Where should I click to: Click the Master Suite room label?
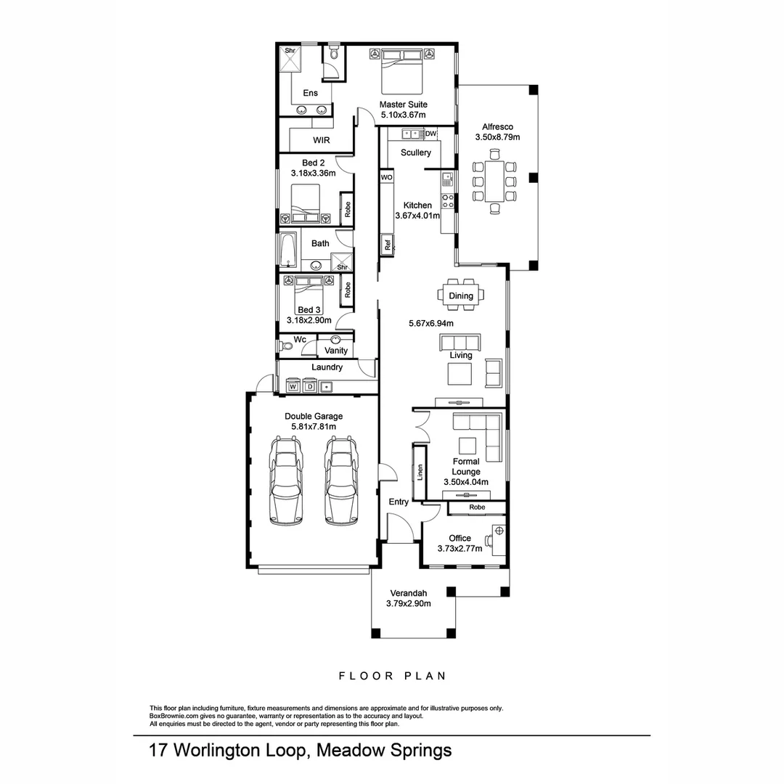pyautogui.click(x=403, y=105)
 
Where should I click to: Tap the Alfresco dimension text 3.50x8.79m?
pyautogui.click(x=497, y=136)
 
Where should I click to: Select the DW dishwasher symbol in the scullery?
pyautogui.click(x=430, y=134)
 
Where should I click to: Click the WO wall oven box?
pyautogui.click(x=386, y=177)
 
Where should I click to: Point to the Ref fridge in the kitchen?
pyautogui.click(x=388, y=245)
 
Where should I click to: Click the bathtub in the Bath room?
pyautogui.click(x=288, y=251)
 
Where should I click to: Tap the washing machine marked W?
pyautogui.click(x=293, y=387)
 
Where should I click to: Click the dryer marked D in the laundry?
pyautogui.click(x=309, y=387)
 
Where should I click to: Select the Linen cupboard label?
pyautogui.click(x=420, y=472)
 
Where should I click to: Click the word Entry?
pyautogui.click(x=399, y=502)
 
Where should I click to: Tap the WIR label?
pyautogui.click(x=322, y=139)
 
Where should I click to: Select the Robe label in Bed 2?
pyautogui.click(x=348, y=210)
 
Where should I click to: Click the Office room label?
pyautogui.click(x=460, y=539)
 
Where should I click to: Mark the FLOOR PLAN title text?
pyautogui.click(x=393, y=676)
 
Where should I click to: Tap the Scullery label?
pyautogui.click(x=415, y=152)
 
